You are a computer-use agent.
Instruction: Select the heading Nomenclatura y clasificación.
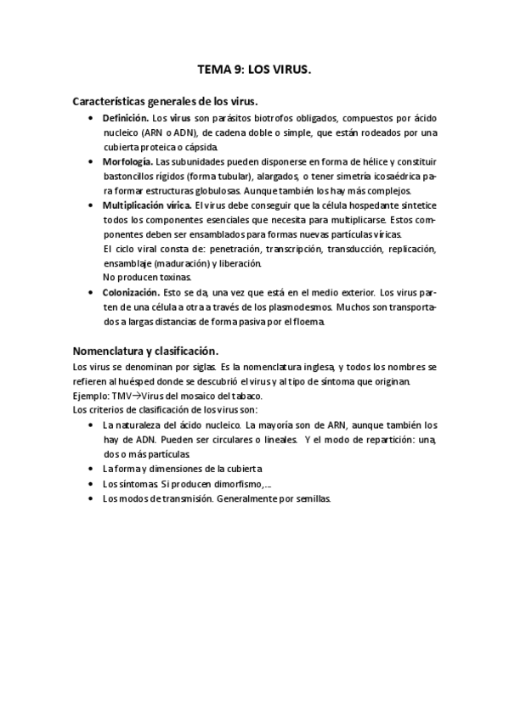(x=145, y=351)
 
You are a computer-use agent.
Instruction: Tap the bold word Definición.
(x=126, y=118)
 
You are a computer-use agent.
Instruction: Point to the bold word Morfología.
(x=127, y=161)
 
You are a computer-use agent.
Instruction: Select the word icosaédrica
(x=391, y=176)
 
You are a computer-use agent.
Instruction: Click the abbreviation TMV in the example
(x=123, y=397)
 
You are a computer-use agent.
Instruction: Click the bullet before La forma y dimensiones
(x=91, y=469)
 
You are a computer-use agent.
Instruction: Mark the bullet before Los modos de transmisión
(x=91, y=498)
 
